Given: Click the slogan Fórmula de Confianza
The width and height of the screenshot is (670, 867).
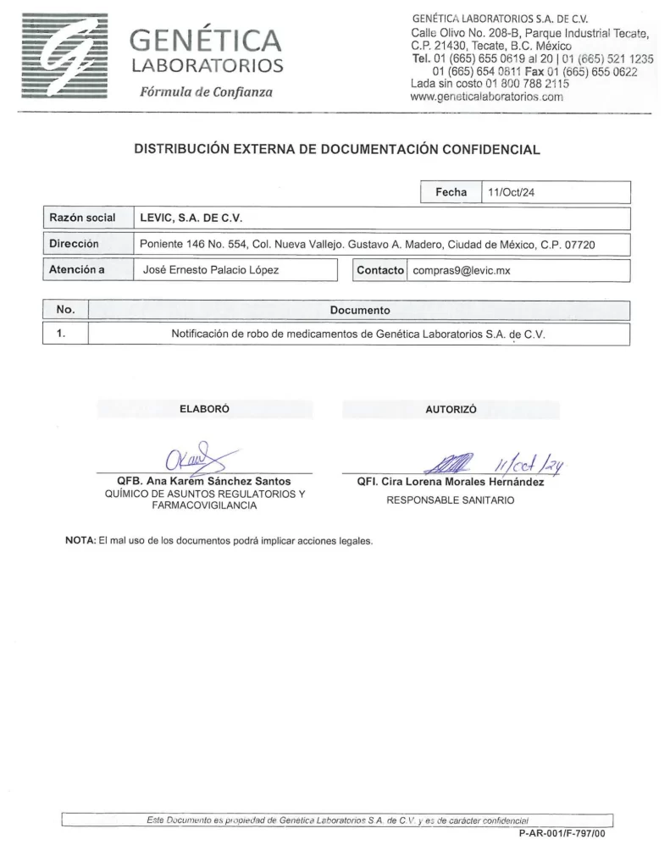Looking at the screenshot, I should [x=206, y=91].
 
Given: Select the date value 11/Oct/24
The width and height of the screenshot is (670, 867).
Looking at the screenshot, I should [x=511, y=192].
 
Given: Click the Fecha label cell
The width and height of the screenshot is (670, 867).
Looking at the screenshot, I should [x=451, y=192].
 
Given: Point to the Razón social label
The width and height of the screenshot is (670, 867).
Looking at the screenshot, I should [x=82, y=218].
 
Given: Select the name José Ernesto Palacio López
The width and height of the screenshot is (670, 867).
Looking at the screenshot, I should [x=208, y=271].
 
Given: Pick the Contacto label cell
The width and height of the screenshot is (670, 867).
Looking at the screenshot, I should [x=381, y=271].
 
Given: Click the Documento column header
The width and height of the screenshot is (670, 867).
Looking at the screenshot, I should [x=360, y=311].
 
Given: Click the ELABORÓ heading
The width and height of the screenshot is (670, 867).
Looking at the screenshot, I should [x=204, y=409].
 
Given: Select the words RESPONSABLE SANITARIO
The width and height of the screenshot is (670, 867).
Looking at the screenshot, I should [x=450, y=500].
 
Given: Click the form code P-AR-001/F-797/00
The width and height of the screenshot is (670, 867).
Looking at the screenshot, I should [x=562, y=833].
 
